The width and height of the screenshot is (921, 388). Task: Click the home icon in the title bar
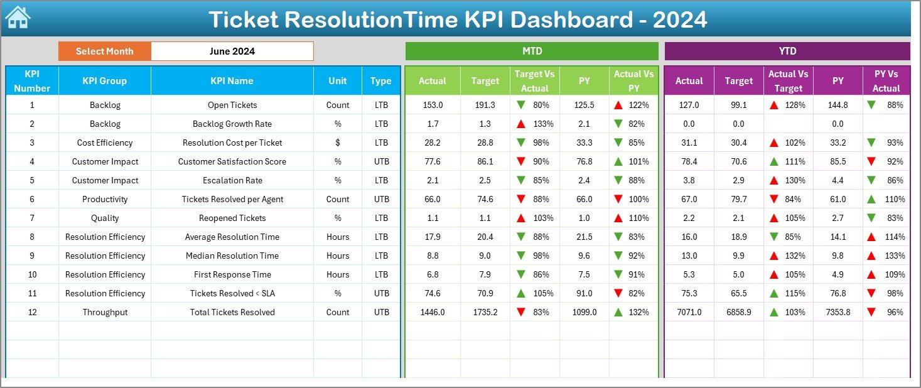pos(17,18)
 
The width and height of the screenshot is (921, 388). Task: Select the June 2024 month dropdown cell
pos(232,51)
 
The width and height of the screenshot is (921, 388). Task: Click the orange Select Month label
pos(104,51)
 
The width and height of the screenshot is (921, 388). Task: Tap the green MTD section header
pos(531,51)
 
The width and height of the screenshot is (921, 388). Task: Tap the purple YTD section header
pos(787,51)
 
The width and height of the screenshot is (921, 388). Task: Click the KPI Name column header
pos(232,80)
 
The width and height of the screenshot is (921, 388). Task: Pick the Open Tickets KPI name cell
pos(232,105)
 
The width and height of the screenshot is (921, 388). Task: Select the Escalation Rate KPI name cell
pos(232,180)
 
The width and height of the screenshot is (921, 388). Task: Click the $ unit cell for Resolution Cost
pos(338,143)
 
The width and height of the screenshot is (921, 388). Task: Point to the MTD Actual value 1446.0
pos(432,312)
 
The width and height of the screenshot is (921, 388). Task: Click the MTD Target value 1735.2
pos(485,312)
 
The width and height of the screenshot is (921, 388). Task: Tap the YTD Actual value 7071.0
pos(689,312)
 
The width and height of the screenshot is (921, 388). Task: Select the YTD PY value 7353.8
pos(838,312)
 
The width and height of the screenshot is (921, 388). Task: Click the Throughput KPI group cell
pos(105,312)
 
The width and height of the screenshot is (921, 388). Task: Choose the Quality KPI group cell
pos(105,218)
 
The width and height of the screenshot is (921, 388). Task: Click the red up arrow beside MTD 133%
pos(520,124)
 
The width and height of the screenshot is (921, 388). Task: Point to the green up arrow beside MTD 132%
pos(618,312)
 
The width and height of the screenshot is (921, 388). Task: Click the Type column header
pos(380,80)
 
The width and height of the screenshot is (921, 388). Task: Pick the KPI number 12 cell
pos(32,312)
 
